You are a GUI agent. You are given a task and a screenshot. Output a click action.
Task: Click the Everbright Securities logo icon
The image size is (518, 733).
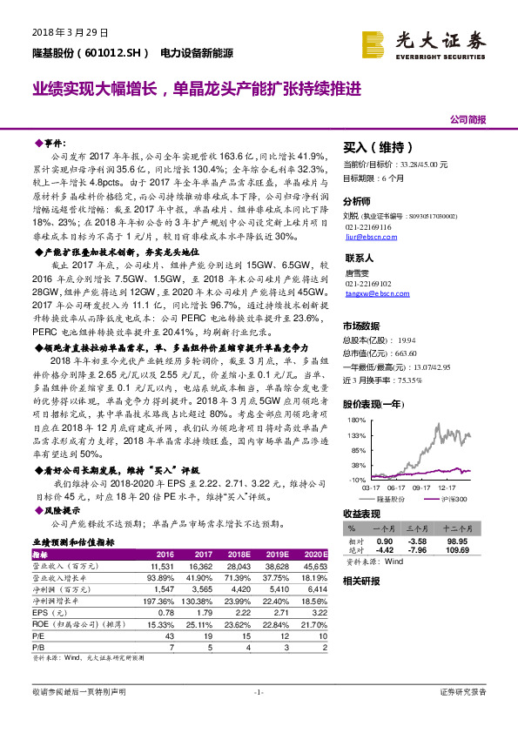[x=373, y=40]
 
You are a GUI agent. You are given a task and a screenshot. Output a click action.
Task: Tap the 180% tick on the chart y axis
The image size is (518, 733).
[x=357, y=420]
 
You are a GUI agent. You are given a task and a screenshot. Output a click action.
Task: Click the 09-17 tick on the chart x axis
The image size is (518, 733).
[x=424, y=490]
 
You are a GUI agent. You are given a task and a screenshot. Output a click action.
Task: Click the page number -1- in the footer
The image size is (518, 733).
[x=259, y=692]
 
